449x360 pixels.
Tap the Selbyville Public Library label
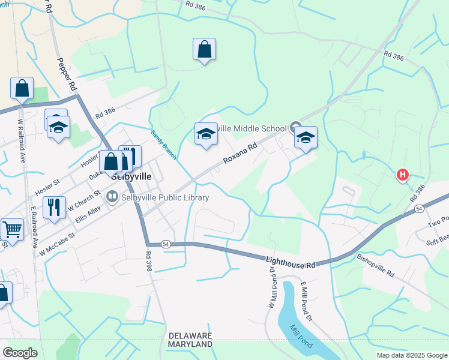(165, 197)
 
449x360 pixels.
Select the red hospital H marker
(402, 175)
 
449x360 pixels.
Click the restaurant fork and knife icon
(55, 208)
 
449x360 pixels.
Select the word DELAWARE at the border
(191, 335)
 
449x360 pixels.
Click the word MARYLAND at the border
(191, 345)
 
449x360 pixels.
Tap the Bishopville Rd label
(375, 265)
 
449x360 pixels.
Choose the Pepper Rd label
(67, 74)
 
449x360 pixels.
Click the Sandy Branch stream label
(163, 145)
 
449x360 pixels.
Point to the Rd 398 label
(149, 262)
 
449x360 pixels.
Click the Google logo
(20, 353)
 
